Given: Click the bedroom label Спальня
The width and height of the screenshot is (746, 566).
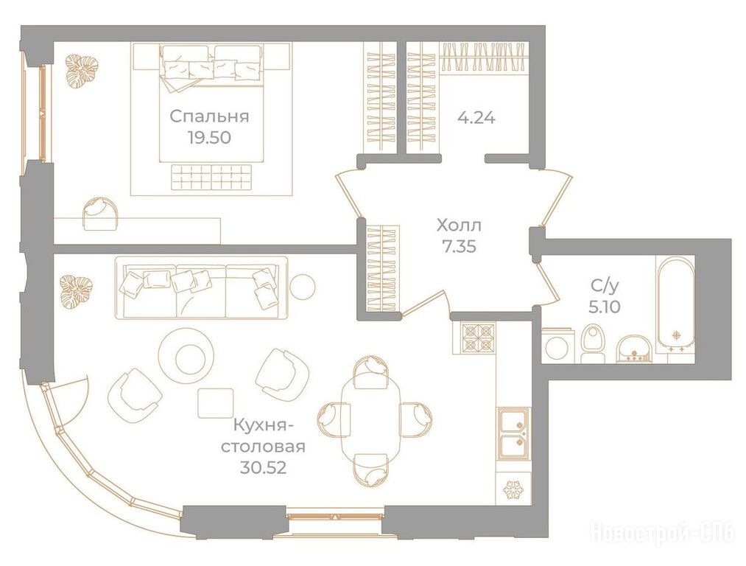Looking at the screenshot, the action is coord(209,116).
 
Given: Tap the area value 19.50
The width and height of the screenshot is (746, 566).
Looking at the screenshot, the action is coord(209,138).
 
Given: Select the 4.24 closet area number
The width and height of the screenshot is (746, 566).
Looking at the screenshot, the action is coord(476,118).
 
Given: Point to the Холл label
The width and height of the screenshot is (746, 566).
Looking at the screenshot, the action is coord(459,225).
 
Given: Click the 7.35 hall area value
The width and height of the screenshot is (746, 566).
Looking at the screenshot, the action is coord(459,247).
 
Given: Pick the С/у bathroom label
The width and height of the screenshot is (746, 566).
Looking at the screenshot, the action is coord(605,286).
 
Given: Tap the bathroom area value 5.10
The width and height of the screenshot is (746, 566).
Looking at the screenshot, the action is coord(605,307).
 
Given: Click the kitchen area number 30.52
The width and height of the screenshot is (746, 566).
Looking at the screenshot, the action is coord(263,469).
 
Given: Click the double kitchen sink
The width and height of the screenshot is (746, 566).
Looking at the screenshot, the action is coord(513,433).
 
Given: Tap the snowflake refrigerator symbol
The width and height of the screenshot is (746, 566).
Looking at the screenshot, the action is coord(513,489).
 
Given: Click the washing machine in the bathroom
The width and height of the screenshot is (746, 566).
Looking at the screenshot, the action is coord(557,345).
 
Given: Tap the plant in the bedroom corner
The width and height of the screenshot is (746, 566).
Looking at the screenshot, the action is coord(82,71).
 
